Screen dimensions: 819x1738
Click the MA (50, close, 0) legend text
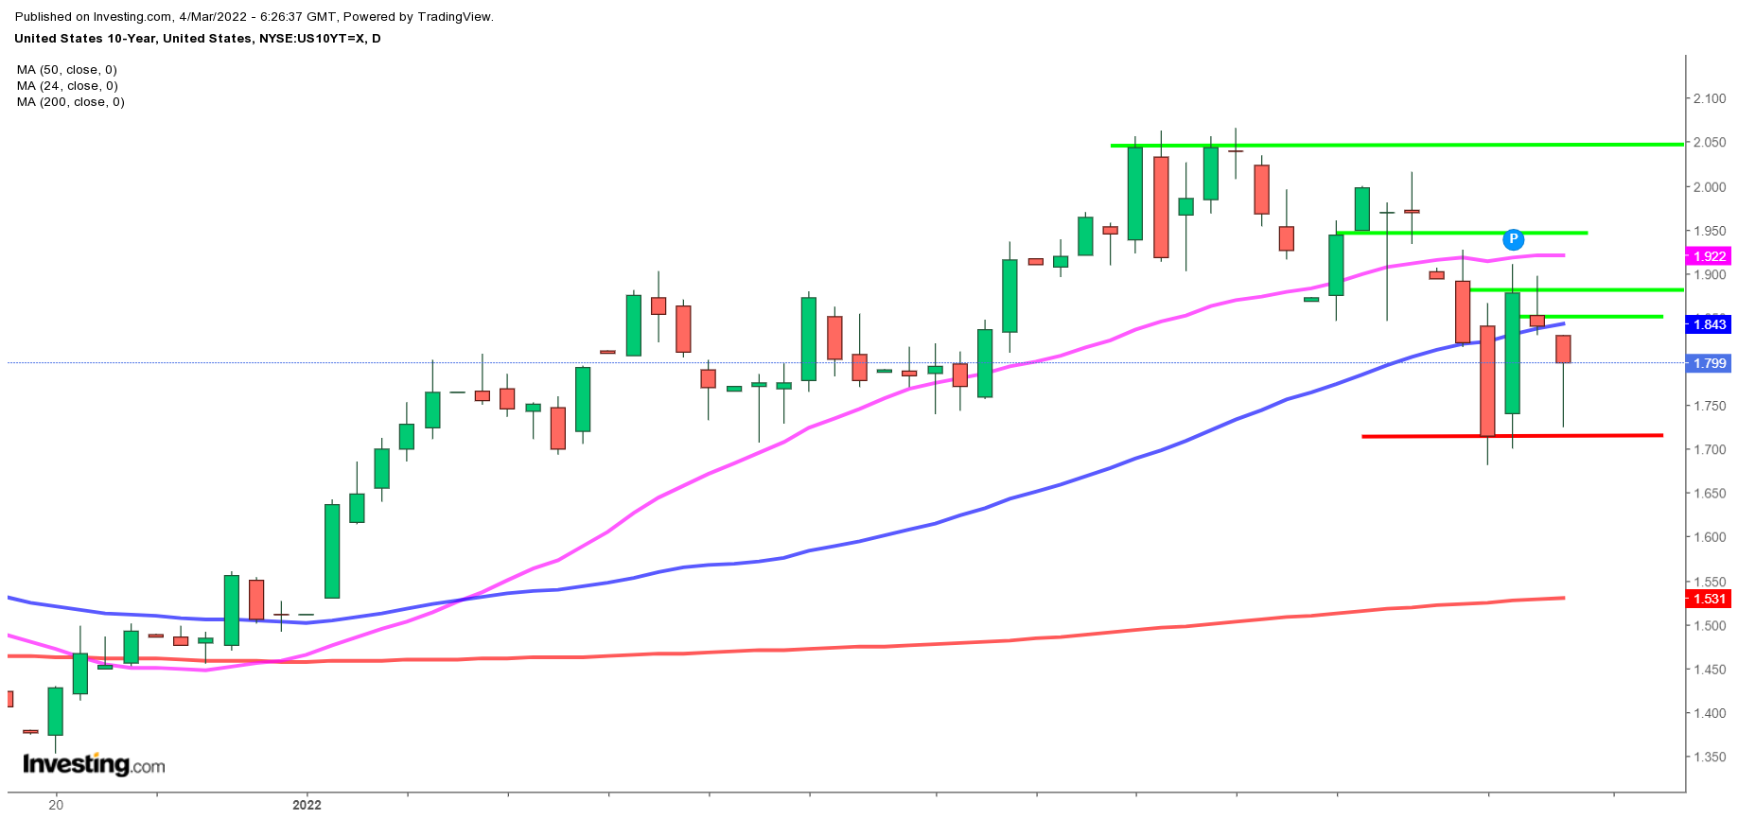pos(66,70)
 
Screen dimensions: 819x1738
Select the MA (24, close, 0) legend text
pos(66,86)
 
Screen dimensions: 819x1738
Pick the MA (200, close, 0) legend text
pos(70,102)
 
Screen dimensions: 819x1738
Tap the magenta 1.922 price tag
pos(1709,256)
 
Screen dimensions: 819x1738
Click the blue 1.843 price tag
pos(1709,324)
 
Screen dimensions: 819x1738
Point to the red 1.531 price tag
pos(1709,599)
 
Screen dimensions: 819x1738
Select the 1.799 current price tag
pos(1709,363)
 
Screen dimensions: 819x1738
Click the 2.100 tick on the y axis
pos(1710,98)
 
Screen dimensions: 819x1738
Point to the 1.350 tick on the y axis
pos(1710,758)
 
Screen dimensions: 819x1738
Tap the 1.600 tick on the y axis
pos(1710,537)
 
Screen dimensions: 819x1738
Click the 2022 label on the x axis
pos(307,805)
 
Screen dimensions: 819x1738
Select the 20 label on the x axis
pos(56,805)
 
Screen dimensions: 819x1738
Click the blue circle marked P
pos(1514,239)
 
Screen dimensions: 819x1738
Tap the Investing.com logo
pos(94,764)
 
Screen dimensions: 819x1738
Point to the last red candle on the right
pos(1563,349)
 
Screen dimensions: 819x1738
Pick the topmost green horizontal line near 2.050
pos(1396,145)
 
